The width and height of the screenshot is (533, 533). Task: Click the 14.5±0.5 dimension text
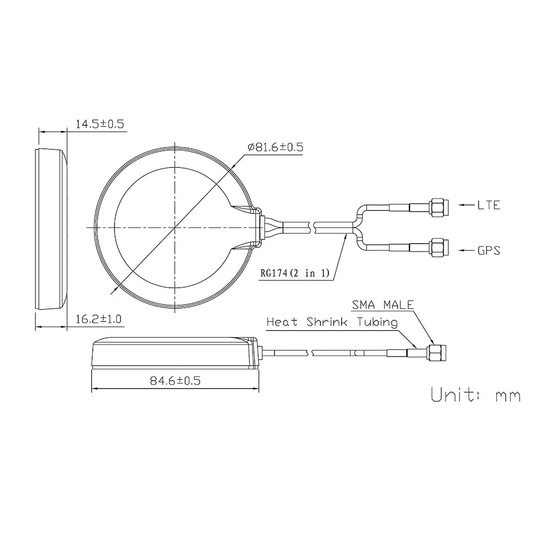(99, 124)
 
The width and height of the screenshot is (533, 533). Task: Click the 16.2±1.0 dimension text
(99, 320)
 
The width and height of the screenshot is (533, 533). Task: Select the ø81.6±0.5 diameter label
(275, 148)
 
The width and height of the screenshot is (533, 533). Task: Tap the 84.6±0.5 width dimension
(175, 381)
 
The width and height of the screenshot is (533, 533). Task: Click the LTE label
(488, 205)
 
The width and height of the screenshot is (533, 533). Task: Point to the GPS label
(488, 249)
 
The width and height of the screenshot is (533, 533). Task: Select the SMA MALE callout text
(382, 305)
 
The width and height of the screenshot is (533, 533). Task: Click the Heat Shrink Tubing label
(332, 322)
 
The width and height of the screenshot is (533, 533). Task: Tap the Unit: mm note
(475, 395)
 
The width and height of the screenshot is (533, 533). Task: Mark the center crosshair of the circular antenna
(174, 228)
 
